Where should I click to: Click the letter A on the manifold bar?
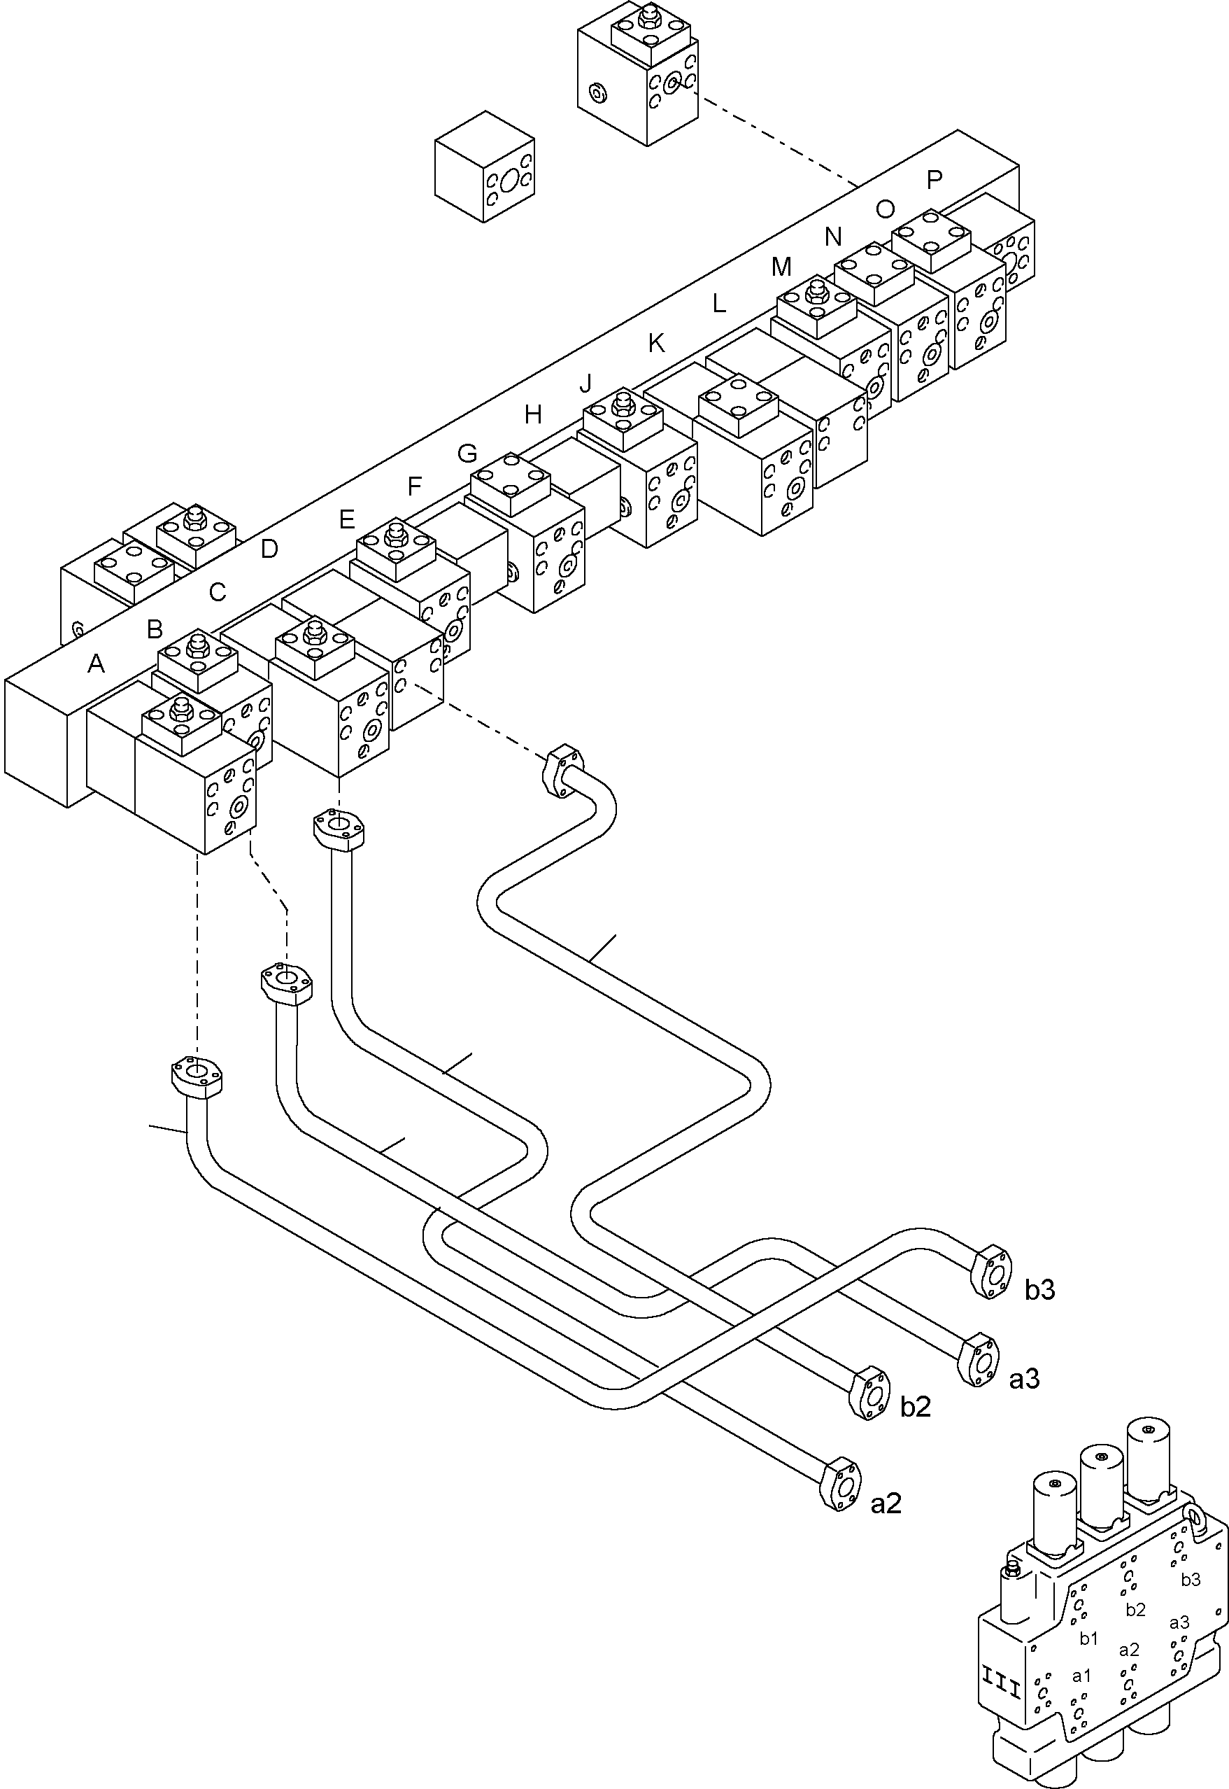pyautogui.click(x=96, y=664)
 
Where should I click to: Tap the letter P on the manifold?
pyautogui.click(x=934, y=179)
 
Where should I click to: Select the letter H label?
pyautogui.click(x=533, y=415)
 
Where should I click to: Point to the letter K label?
pyautogui.click(x=656, y=344)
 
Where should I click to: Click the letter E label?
pyautogui.click(x=346, y=520)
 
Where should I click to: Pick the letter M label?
pyautogui.click(x=781, y=267)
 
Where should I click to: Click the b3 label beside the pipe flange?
pyautogui.click(x=1039, y=1290)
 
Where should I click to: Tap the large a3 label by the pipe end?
pyautogui.click(x=1024, y=1379)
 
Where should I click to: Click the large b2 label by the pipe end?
pyautogui.click(x=916, y=1407)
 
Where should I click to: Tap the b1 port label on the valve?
pyautogui.click(x=1088, y=1639)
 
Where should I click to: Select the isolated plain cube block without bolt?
pyautogui.click(x=484, y=167)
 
